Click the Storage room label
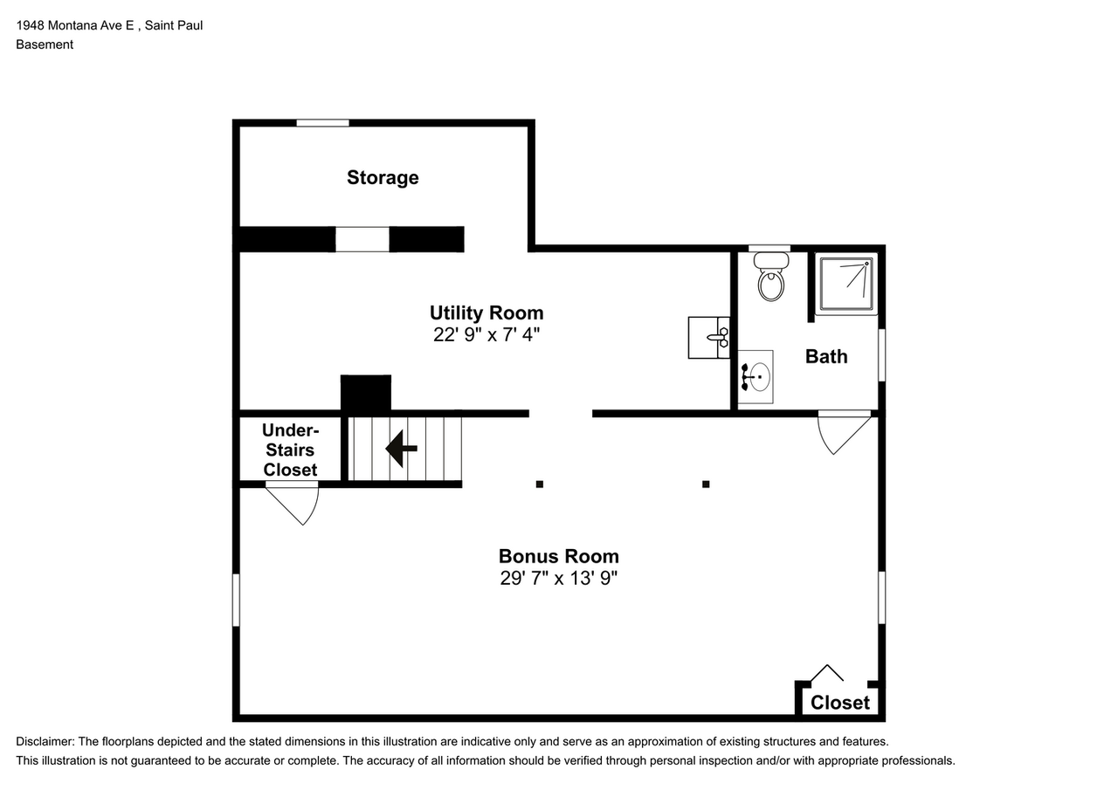(x=383, y=178)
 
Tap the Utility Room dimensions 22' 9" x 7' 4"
(x=487, y=334)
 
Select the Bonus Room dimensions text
(x=558, y=578)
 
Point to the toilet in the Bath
(x=771, y=277)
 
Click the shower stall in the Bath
(x=846, y=285)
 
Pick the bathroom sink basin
(x=756, y=376)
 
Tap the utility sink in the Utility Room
(x=708, y=338)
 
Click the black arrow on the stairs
(x=401, y=449)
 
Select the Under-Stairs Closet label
(x=291, y=450)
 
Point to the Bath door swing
(x=844, y=432)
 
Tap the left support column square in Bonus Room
(x=540, y=484)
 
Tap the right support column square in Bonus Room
(x=706, y=484)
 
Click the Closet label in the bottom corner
(x=840, y=703)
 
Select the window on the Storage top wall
(x=322, y=123)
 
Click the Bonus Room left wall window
(x=236, y=600)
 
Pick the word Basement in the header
(x=45, y=45)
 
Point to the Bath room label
(x=826, y=357)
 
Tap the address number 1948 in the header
(x=31, y=25)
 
